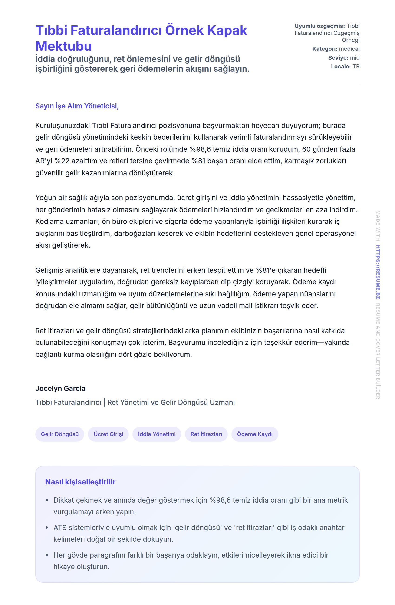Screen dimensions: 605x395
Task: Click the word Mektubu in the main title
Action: tap(63, 46)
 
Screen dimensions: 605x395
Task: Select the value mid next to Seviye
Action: tap(355, 58)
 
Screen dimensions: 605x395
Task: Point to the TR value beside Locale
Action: tap(356, 67)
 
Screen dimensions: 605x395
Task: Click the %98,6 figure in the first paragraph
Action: tap(200, 149)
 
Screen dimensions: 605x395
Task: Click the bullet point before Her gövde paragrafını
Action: tap(47, 555)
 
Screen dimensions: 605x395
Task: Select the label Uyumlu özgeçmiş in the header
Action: tap(319, 26)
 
